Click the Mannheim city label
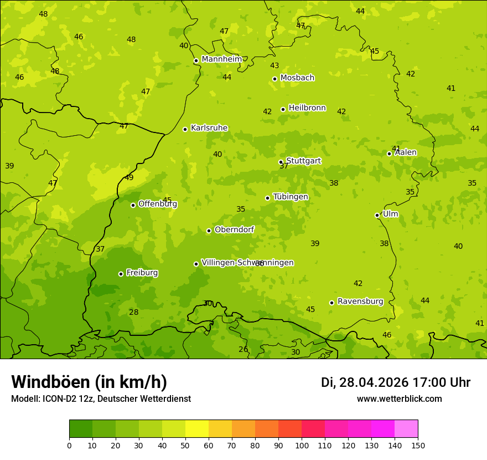point(221,59)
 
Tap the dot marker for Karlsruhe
point(185,129)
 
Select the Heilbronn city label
point(307,108)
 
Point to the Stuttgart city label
point(303,161)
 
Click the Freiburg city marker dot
point(121,274)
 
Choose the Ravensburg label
point(360,301)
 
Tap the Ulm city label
point(390,214)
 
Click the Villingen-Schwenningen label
point(247,263)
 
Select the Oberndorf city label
point(234,229)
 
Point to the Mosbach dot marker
point(274,79)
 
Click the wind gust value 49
point(129,178)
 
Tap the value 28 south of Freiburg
point(134,313)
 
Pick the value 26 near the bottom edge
point(244,350)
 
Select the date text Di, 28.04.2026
point(365,382)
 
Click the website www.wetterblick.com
point(399,399)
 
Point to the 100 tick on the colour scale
point(302,445)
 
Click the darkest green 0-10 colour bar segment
point(81,429)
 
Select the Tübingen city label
point(291,197)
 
